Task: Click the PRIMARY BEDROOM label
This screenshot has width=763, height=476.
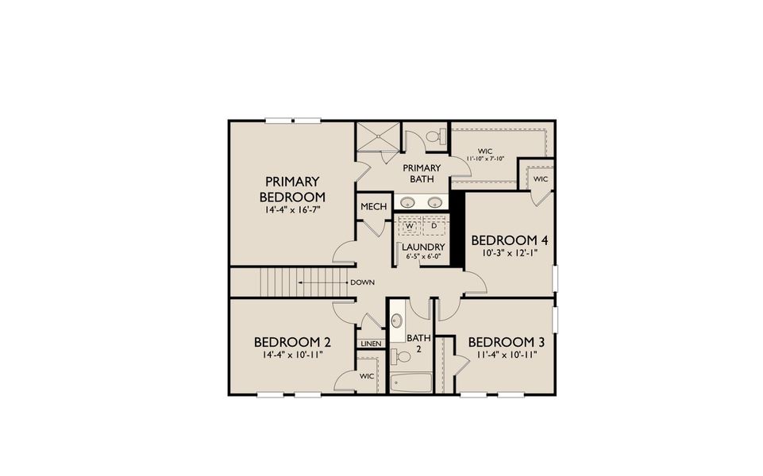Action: pos(292,189)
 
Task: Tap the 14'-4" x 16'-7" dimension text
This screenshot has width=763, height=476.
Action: pos(292,210)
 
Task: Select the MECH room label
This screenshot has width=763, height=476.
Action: pos(373,207)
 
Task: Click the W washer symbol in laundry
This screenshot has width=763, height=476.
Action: pos(410,226)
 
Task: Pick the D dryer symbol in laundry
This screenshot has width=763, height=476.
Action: pos(434,226)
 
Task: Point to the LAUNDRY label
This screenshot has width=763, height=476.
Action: pos(422,247)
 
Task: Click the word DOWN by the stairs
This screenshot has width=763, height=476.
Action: pos(363,281)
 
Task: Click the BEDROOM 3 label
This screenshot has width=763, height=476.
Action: pos(506,342)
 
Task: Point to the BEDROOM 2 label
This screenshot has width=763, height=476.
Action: pos(292,342)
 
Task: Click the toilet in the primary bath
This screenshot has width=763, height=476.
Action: pos(434,137)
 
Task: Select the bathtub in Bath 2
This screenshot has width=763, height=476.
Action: pos(411,382)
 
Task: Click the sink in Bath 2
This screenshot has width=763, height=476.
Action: pos(398,321)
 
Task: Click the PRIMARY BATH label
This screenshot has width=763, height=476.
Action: pos(422,173)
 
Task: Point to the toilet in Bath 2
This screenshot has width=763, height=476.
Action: pos(402,357)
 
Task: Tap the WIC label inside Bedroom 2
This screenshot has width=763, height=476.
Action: pos(367,376)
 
